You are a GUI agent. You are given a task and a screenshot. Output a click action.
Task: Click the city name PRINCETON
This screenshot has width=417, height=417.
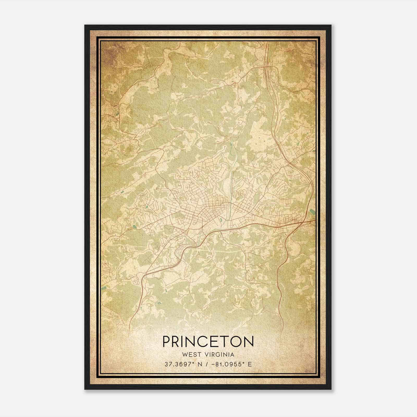coord(208,341)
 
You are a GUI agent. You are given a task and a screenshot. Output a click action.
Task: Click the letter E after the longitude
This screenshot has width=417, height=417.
coord(250,364)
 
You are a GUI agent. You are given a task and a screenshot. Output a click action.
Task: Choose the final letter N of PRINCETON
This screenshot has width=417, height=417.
coord(249,341)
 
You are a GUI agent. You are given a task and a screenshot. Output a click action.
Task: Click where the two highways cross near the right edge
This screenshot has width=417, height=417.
coord(304,222)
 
